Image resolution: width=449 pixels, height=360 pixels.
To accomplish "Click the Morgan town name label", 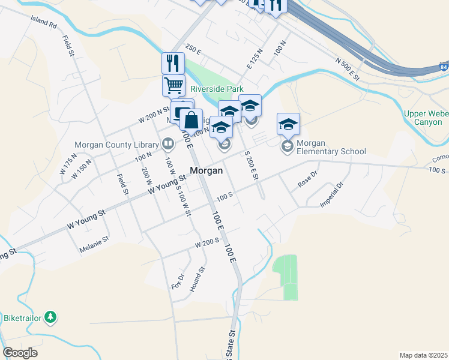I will tap(206, 170).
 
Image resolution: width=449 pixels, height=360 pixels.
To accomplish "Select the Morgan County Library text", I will tap(116, 145).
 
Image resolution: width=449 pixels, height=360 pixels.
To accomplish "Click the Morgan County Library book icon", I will tap(168, 143).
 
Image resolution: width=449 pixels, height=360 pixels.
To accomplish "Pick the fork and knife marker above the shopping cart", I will tap(173, 62).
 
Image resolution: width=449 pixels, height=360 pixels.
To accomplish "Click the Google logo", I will tap(20, 353).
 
